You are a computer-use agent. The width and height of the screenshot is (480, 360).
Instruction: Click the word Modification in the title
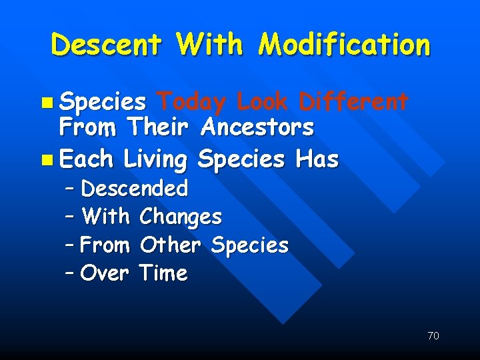coord(345,45)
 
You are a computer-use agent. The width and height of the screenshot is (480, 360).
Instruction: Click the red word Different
coord(353,102)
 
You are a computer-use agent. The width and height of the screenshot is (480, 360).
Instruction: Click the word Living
coord(156,160)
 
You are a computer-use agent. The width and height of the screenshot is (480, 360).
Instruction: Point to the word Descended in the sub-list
coord(135,189)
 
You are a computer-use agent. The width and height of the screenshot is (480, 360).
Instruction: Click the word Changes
coord(181,217)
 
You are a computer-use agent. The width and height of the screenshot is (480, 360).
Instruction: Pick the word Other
coord(171,245)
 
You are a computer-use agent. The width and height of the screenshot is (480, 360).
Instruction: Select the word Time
coord(164,273)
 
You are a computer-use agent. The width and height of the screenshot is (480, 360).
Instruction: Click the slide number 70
coord(433,336)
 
